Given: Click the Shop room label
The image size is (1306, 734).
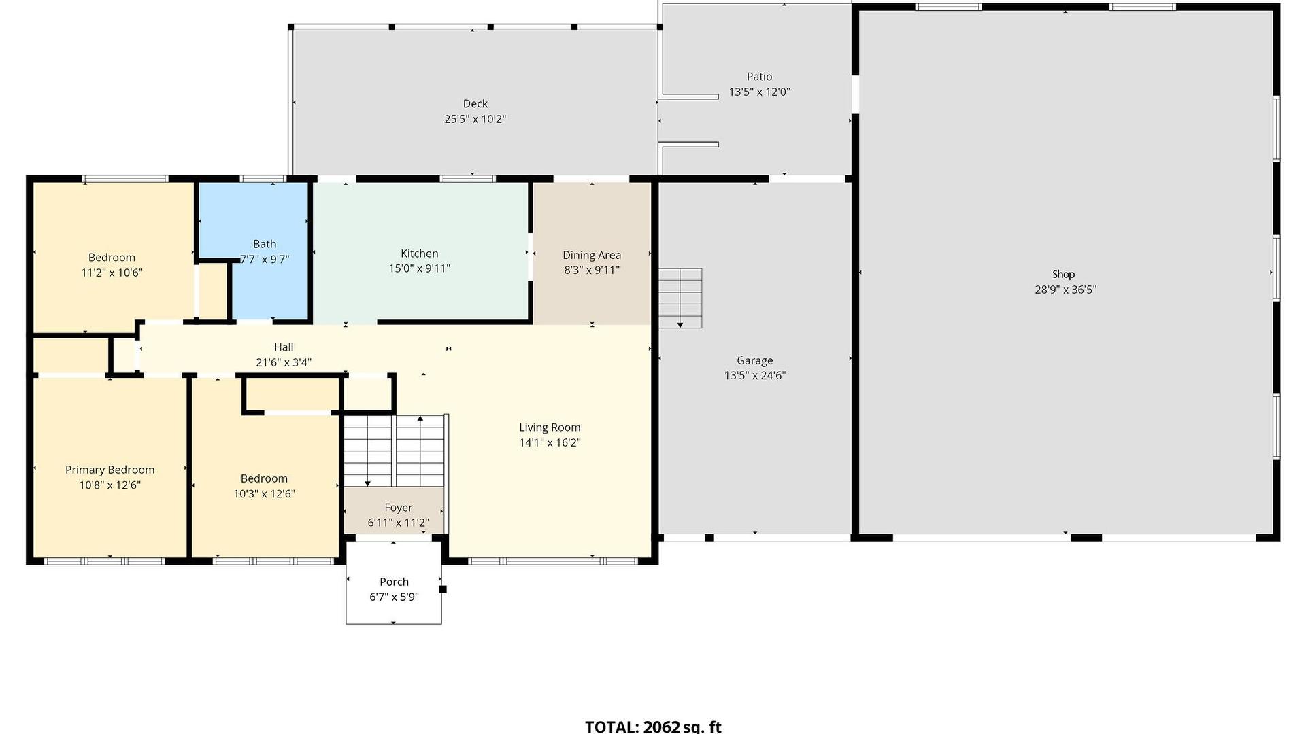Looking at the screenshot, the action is pos(1063,274).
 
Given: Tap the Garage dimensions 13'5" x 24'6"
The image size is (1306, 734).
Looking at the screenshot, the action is pos(755,375).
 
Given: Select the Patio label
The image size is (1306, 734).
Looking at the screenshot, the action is pos(759,77).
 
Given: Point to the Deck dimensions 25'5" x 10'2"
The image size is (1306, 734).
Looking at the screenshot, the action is pos(475,119).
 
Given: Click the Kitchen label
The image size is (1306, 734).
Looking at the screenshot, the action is pos(419,254).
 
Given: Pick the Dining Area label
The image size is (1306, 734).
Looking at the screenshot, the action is pos(592,256).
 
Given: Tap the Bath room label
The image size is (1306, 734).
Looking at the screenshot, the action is pos(265,244).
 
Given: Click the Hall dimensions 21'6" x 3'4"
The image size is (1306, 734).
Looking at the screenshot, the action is pos(284,362).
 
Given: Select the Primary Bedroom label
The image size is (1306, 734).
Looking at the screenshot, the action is pos(110,470).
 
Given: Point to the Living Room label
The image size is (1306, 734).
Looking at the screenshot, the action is pos(550,427).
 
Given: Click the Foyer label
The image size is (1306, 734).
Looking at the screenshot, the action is pos(398,508).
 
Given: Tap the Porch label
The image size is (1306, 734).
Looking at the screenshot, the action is pos(394,582).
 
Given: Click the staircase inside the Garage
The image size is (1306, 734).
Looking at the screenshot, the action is pos(680,298).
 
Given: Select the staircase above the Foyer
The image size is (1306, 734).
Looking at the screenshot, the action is pos(395,451).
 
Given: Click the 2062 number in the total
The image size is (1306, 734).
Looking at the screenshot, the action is pos(662,727).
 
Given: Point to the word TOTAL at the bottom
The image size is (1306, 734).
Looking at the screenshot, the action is pos(612,727).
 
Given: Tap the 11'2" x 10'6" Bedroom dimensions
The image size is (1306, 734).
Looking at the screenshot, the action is pos(112,273).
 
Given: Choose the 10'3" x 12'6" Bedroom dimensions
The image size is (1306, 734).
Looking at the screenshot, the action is pos(264,494).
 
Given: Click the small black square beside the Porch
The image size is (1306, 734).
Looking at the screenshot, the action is pos(443,589).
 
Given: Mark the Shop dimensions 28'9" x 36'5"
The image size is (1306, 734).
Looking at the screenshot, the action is pos(1065,290).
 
